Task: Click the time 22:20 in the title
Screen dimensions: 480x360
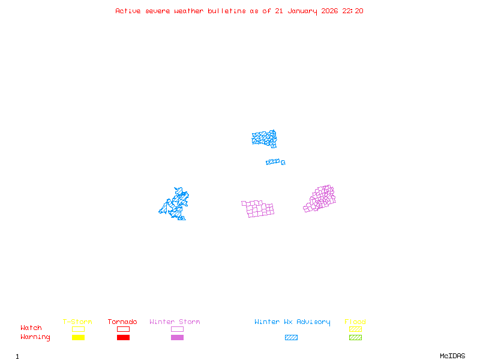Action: (353, 11)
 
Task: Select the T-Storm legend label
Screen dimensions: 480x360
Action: (77, 322)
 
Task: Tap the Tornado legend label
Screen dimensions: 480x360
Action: (122, 322)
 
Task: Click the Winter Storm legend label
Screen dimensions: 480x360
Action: (175, 322)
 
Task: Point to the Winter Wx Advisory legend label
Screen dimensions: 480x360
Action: (292, 322)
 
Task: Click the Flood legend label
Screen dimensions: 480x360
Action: (355, 322)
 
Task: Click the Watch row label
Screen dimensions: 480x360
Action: (31, 328)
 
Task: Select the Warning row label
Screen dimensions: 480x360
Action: (35, 337)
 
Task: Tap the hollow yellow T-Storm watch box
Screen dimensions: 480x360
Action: (78, 329)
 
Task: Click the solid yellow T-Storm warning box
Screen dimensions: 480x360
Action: (78, 338)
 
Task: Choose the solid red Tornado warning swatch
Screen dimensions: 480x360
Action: (123, 338)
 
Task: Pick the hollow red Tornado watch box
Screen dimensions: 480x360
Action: (123, 329)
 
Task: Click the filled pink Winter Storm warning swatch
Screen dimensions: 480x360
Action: (177, 338)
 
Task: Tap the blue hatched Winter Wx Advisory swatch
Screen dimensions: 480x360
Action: (291, 338)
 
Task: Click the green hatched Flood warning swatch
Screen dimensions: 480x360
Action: (355, 338)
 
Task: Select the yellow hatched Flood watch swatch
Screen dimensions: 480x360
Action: (355, 329)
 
